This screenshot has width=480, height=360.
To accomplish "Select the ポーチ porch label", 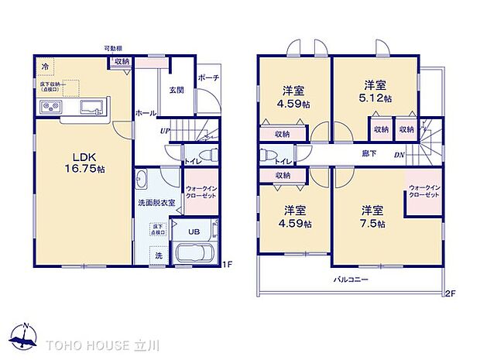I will click(207, 78).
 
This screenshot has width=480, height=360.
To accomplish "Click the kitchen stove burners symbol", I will click(50, 107).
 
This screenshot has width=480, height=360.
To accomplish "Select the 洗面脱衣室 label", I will click(156, 203).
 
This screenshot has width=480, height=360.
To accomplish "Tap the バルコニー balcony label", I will click(351, 279).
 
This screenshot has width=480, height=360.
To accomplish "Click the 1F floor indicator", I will click(227, 266).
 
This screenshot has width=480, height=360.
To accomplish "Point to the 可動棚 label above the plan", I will click(114, 48).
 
